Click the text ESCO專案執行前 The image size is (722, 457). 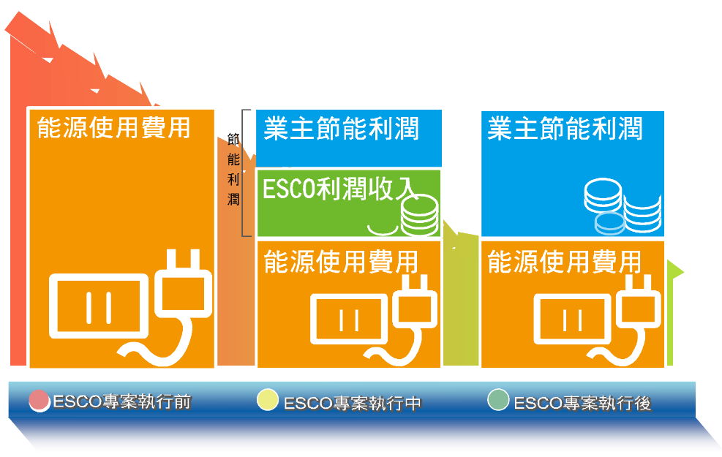tap(121, 402)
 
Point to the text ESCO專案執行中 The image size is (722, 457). tap(352, 403)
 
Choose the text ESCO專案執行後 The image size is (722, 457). tap(582, 403)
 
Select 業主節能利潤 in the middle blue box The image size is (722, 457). tap(342, 129)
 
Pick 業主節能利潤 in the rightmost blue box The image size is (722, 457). tap(565, 129)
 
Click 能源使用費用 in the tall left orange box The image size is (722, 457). tap(113, 128)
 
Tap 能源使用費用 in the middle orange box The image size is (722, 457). tap(341, 261)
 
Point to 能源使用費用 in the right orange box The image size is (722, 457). tap(564, 261)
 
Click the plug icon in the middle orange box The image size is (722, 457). tap(418, 307)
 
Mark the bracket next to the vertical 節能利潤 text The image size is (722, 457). tap(247, 173)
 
